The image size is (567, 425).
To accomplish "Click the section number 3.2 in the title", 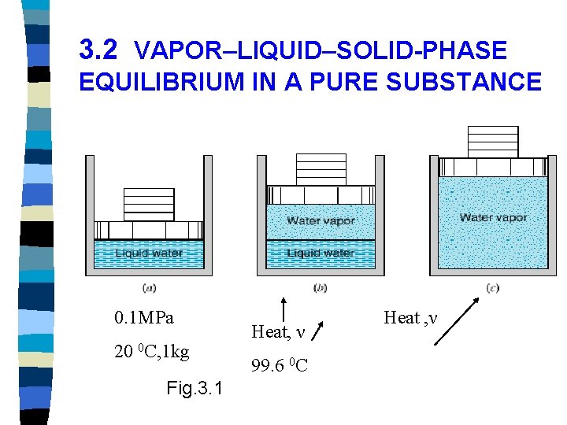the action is (x=98, y=51).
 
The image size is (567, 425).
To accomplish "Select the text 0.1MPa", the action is (x=144, y=318).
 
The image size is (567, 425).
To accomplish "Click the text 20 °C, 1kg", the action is (x=151, y=352).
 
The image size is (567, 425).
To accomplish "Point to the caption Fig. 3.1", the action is (x=195, y=389).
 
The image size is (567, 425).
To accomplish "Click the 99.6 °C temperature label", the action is (x=279, y=365).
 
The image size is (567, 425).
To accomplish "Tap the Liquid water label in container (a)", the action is (x=149, y=253).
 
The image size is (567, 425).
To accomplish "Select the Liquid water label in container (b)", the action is (x=320, y=253).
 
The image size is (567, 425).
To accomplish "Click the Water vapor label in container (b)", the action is (x=321, y=221).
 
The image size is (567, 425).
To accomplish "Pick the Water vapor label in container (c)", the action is (x=493, y=217).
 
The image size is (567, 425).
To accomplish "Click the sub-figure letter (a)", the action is (x=150, y=287).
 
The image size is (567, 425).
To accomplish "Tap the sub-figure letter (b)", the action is (x=321, y=287).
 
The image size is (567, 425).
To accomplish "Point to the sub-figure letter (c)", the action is (x=493, y=287).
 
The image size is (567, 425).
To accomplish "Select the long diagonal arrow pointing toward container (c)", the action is (x=458, y=321).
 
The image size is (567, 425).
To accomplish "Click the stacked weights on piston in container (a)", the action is (x=149, y=205).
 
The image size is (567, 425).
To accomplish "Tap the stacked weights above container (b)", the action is (x=321, y=169).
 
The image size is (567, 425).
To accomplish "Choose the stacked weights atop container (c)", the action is (x=493, y=142).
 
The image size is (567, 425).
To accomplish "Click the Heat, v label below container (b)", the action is (x=278, y=333).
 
